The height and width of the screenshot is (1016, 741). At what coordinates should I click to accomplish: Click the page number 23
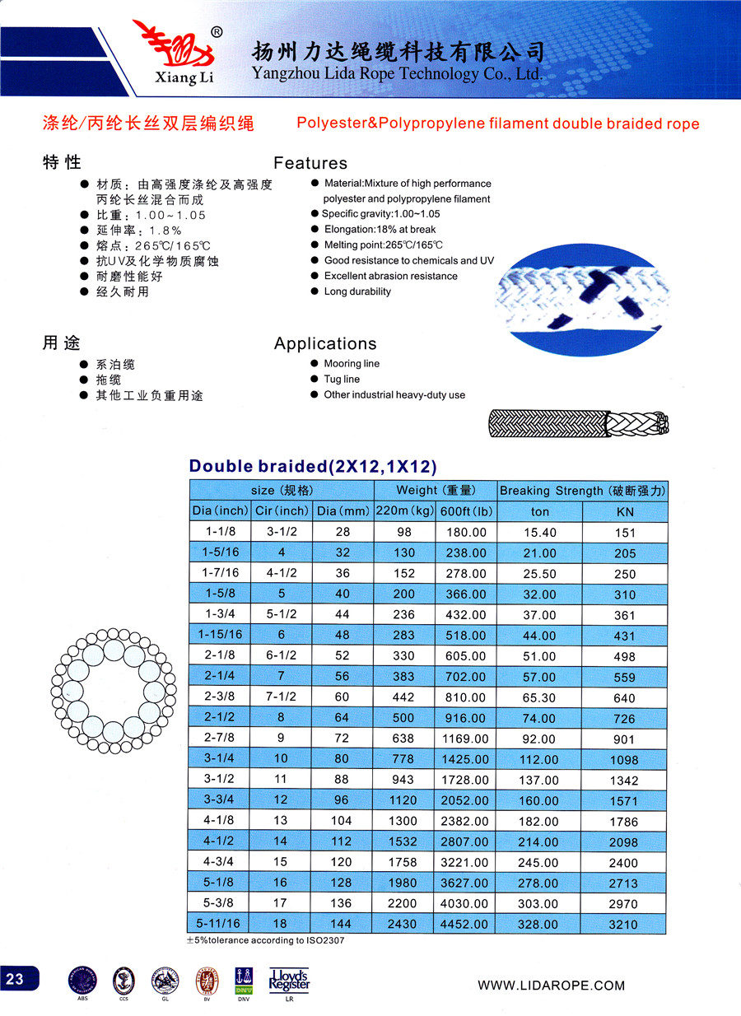(16, 979)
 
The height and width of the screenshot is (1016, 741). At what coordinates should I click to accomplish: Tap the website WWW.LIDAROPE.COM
(552, 985)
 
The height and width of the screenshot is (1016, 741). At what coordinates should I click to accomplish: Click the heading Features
(310, 163)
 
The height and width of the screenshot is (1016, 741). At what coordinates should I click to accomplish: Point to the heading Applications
(325, 343)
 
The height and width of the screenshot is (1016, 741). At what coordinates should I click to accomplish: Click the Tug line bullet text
(342, 379)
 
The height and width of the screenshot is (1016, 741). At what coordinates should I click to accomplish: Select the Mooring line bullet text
(352, 363)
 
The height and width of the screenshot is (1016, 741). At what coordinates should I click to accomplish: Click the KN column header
(625, 511)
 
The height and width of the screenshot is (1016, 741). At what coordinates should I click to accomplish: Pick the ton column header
(539, 511)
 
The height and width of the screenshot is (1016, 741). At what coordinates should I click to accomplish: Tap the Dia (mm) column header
(343, 510)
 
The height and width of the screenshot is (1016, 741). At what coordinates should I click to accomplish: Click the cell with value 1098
(625, 760)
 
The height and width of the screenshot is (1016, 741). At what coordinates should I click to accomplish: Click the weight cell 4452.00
(465, 925)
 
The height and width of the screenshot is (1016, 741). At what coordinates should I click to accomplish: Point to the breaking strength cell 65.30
(539, 697)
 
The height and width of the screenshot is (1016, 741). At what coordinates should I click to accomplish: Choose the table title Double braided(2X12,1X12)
(312, 466)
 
